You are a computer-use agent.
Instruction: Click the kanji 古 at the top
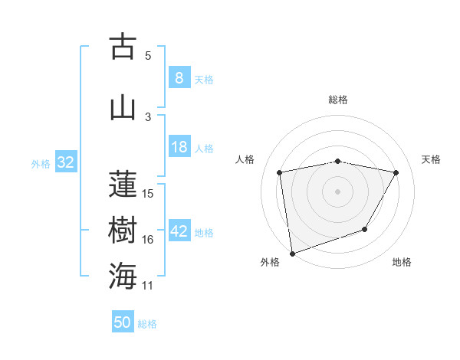123,47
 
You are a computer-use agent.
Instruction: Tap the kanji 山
123,107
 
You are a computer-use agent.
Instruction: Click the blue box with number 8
179,77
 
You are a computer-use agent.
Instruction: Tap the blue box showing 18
179,148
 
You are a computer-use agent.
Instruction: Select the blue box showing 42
179,232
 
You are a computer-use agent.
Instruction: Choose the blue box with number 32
65,162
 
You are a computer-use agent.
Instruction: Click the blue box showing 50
123,322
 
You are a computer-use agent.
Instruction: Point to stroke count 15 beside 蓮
149,193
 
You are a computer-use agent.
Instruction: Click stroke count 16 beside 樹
149,240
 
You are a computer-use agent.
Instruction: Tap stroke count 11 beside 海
149,286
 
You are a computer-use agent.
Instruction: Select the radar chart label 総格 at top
338,100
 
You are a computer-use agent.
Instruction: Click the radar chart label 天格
432,159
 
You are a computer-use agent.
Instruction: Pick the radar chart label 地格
402,262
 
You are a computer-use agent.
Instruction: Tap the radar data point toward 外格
292,253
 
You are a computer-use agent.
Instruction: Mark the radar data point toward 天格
396,172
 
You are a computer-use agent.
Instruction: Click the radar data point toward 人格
280,172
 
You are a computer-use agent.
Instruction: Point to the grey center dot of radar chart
338,191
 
